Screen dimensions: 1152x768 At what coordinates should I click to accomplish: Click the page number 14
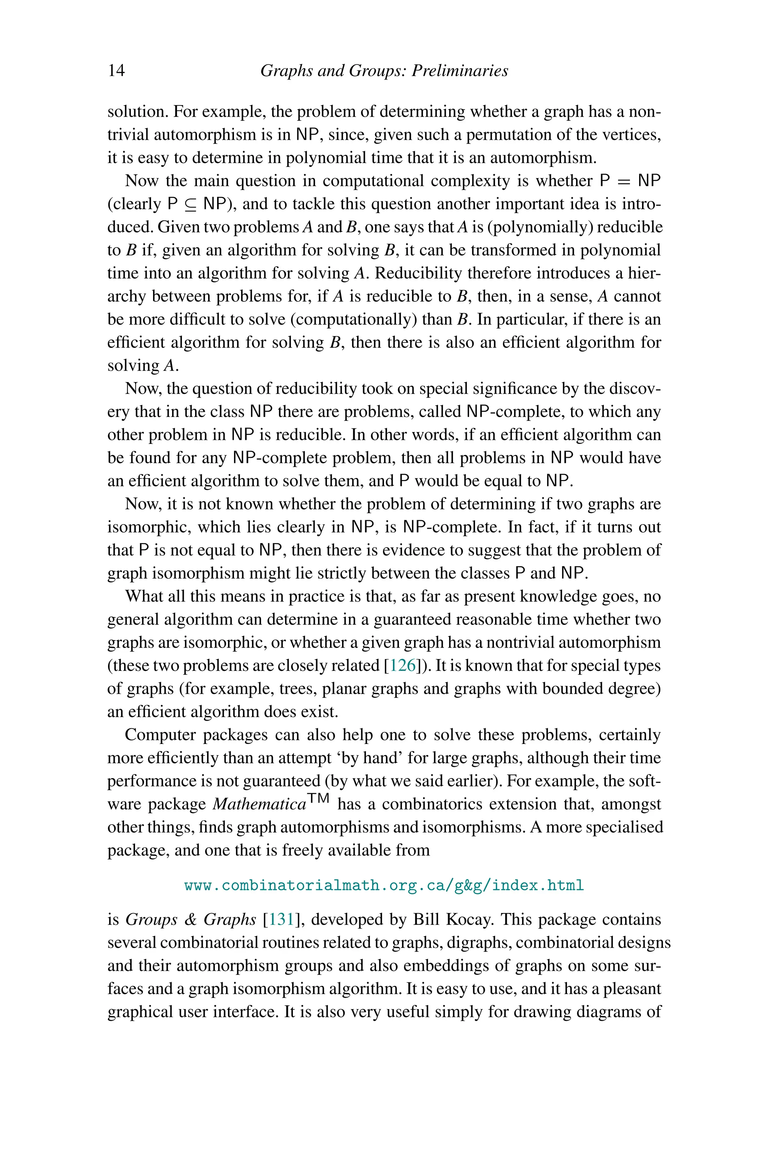[x=116, y=70]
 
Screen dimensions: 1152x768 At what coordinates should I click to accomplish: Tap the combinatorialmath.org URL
[x=384, y=885]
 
